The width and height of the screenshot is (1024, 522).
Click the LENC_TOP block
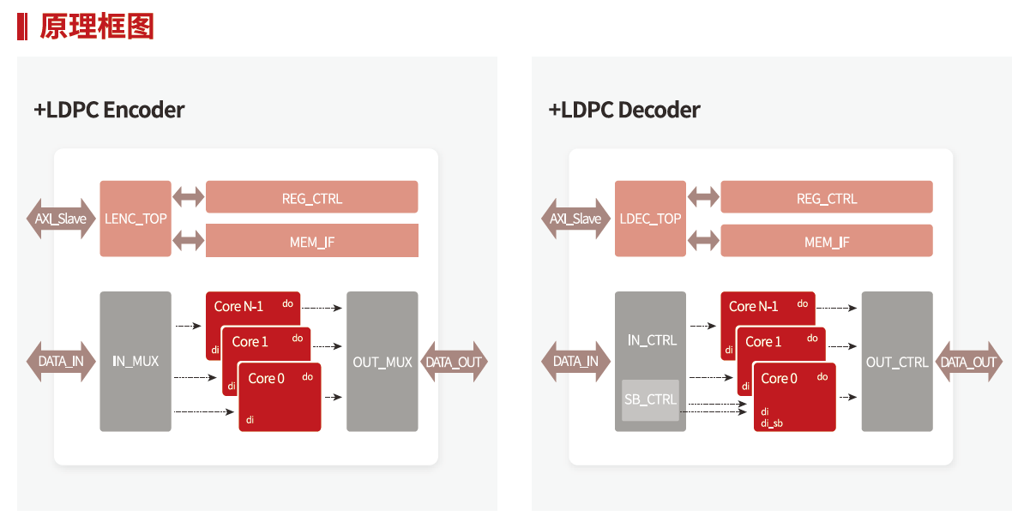click(x=136, y=219)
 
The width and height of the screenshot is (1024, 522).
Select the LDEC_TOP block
click(x=650, y=219)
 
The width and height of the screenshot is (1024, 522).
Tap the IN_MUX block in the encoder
click(x=136, y=361)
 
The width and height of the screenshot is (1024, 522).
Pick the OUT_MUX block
click(x=382, y=362)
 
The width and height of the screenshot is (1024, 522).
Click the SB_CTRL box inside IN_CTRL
click(x=650, y=399)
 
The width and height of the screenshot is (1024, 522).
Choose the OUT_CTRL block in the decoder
click(x=897, y=362)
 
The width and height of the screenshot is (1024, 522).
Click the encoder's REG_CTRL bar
click(x=312, y=198)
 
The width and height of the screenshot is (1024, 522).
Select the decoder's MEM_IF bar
click(x=827, y=242)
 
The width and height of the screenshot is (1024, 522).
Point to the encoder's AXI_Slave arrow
click(x=61, y=219)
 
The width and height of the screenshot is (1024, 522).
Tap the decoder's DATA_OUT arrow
click(x=968, y=362)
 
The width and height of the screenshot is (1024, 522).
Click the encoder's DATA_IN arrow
click(x=61, y=361)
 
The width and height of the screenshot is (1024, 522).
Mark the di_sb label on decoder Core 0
click(x=771, y=423)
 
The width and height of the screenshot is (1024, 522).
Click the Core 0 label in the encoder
click(x=267, y=378)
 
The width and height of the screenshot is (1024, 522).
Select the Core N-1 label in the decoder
click(x=754, y=306)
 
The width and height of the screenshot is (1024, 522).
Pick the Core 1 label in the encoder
click(x=250, y=341)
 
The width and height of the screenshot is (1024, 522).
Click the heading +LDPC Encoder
click(x=109, y=110)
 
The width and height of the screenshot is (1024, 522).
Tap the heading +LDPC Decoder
click(x=624, y=110)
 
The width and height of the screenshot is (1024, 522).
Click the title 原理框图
click(x=97, y=27)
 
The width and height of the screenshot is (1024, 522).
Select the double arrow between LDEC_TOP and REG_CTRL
click(x=703, y=197)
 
